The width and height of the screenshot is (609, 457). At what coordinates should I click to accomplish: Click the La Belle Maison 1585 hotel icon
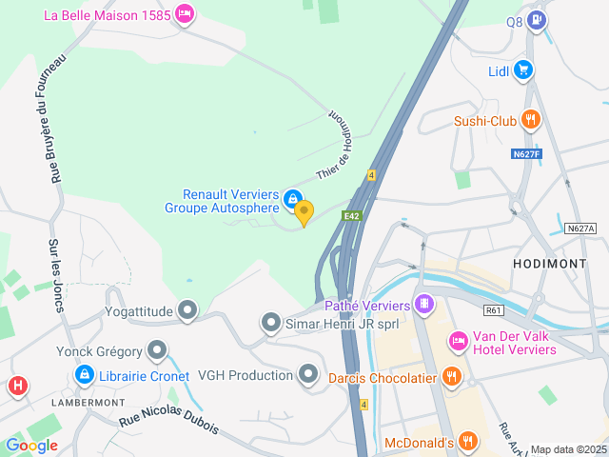tap(185, 14)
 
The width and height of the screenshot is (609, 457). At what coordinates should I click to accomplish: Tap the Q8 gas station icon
tap(538, 19)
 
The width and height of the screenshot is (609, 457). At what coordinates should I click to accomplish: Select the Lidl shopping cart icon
tap(522, 70)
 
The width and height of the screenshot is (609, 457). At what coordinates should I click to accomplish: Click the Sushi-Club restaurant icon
tap(531, 120)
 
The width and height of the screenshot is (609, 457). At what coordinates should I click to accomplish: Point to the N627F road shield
tap(525, 153)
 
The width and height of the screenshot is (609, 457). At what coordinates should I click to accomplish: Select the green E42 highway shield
tap(353, 216)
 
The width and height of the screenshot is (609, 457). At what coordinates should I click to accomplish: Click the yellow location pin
tap(304, 212)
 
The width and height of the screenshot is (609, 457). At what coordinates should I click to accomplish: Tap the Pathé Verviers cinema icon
tap(424, 306)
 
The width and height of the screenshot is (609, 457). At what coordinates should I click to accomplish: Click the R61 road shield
tap(493, 309)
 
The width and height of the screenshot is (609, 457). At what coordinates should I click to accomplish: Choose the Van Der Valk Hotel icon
tap(459, 340)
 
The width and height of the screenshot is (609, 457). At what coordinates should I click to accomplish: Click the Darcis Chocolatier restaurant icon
tap(452, 377)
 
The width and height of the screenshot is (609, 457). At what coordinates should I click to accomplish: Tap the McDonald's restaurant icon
tap(467, 441)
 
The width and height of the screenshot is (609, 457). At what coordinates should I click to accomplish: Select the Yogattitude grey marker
tap(188, 309)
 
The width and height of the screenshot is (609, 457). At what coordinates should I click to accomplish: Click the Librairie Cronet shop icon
tap(84, 376)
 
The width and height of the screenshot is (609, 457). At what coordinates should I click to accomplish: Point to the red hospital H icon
tap(17, 386)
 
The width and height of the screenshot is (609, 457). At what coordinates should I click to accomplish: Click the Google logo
tap(31, 445)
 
